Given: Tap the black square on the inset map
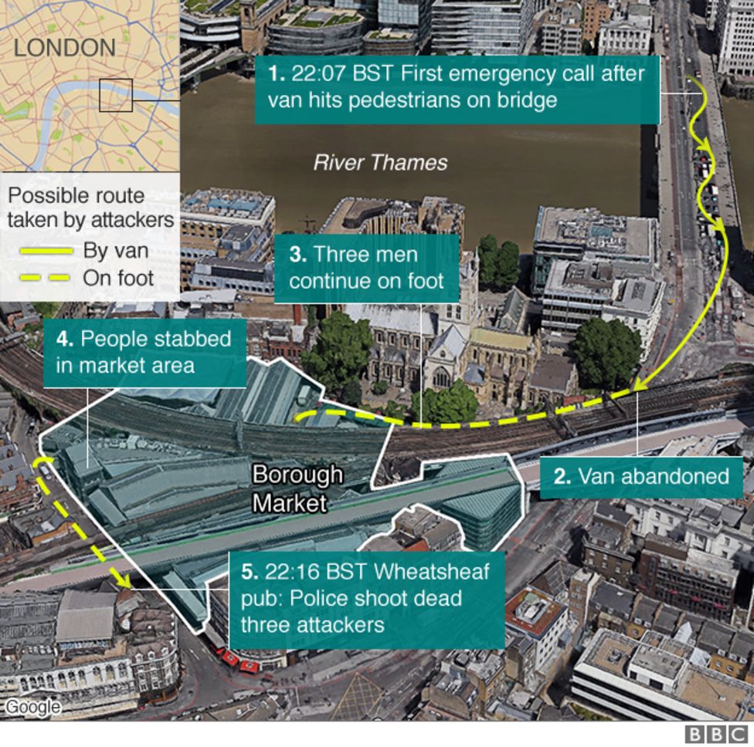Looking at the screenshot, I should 116,95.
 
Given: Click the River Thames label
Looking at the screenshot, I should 380,163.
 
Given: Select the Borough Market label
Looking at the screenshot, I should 297,488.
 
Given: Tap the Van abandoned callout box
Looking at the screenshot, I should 641,476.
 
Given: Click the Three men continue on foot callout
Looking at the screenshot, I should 366,267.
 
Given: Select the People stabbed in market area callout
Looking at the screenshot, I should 144,352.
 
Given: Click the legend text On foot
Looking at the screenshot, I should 117,278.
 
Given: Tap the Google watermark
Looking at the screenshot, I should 32,706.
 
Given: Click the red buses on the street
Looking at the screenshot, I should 239,662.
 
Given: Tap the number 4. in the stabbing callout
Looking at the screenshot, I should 65,339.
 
